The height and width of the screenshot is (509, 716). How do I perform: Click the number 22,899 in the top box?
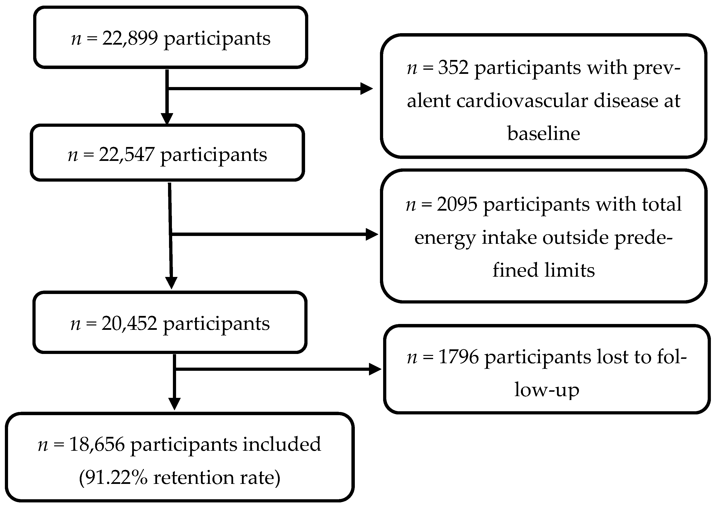[130, 39]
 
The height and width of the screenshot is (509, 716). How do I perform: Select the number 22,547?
[127, 155]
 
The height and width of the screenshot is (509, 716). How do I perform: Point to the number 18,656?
[97, 444]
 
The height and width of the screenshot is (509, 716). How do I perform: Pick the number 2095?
[457, 204]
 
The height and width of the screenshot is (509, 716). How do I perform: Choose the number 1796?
[458, 357]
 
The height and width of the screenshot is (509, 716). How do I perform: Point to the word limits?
[569, 270]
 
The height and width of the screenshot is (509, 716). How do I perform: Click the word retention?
[194, 478]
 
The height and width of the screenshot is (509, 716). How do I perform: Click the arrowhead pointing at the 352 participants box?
[366, 89]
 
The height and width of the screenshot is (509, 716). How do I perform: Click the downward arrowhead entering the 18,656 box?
[174, 404]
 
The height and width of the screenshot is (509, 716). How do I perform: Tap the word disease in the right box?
[626, 101]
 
